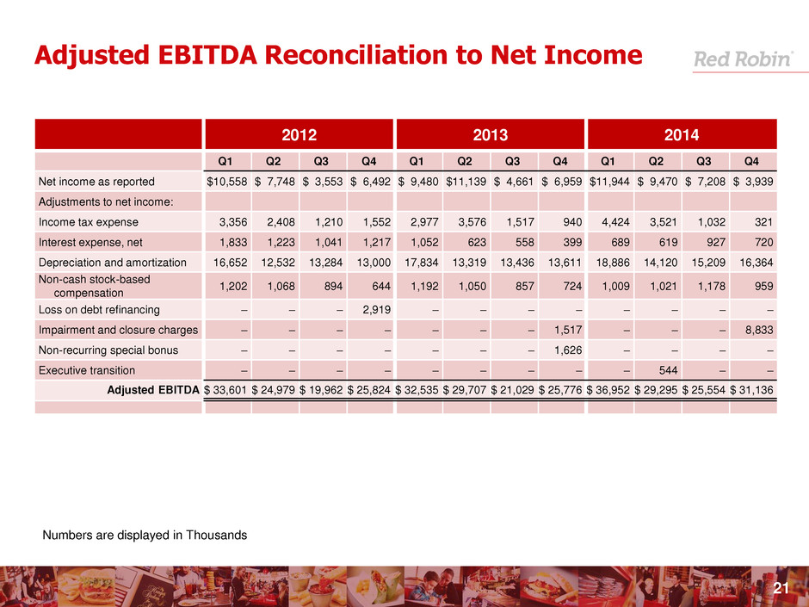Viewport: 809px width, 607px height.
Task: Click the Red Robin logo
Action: pos(743,59)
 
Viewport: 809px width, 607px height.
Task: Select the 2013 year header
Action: pos(491,135)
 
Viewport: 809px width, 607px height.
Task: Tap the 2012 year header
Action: pos(300,135)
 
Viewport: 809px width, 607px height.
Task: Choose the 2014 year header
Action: pos(682,135)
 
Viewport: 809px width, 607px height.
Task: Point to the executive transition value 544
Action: pos(658,370)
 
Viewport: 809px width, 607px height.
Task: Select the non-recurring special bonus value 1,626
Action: pos(562,350)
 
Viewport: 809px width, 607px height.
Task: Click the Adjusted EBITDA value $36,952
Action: pos(608,390)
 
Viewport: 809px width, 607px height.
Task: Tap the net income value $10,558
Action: pos(228,182)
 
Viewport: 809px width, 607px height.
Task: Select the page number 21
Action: pos(781,588)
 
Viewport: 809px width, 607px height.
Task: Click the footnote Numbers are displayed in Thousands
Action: pos(145,536)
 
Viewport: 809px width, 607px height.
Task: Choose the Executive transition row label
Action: pos(86,370)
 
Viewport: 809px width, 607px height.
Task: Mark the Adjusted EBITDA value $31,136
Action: pos(752,390)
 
